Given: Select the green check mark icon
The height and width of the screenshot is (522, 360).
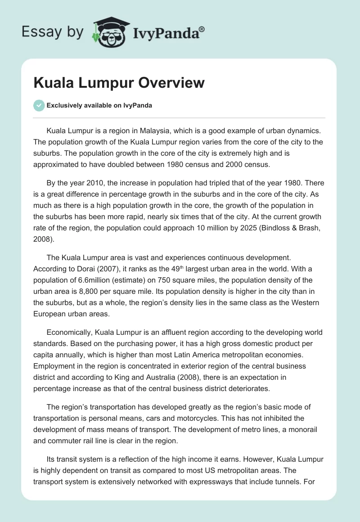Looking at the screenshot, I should click(39, 105).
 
